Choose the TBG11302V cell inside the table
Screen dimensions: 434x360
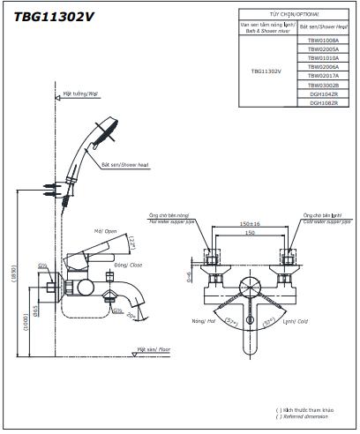[x=266, y=71]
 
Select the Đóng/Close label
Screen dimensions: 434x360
[x=127, y=264]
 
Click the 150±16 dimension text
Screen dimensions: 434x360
[x=250, y=224]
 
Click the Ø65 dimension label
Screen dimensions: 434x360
[x=35, y=310]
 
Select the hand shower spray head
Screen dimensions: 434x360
[x=108, y=134]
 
